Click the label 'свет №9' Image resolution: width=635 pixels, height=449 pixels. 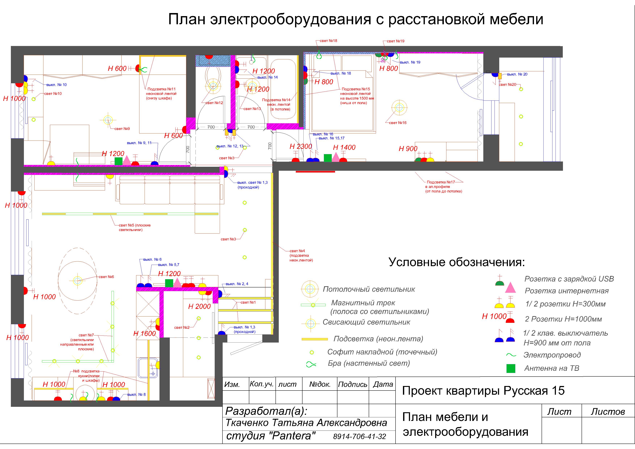122,129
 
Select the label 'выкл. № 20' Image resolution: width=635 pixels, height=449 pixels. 517,74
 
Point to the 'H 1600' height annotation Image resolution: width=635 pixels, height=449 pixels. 144,334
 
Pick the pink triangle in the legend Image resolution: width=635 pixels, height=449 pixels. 510,288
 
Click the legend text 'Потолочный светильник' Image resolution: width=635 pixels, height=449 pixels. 369,289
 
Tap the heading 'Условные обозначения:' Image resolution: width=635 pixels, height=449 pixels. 457,262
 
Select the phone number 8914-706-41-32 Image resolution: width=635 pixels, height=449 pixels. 359,437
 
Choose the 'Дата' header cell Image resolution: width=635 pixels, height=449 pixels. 383,384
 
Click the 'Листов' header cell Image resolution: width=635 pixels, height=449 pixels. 608,412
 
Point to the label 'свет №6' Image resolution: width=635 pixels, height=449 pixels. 106,277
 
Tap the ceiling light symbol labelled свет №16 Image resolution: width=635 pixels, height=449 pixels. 399,107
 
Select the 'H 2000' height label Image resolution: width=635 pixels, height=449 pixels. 199,307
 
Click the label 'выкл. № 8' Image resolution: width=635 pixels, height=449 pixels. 136,395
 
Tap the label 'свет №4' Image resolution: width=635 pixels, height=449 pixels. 297,251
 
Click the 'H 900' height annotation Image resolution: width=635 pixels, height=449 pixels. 408,149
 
